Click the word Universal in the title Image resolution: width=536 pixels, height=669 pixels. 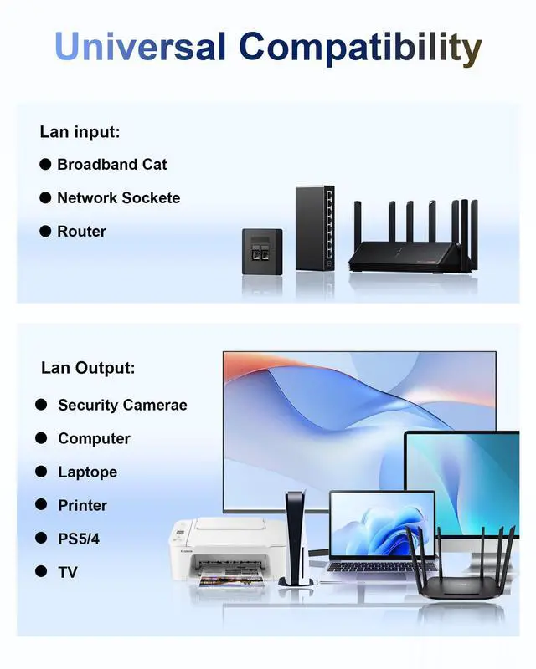[x=141, y=47]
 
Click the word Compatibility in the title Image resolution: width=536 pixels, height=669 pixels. [x=360, y=49]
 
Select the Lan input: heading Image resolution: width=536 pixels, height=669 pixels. [x=80, y=131]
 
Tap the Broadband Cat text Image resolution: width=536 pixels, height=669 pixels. [x=111, y=165]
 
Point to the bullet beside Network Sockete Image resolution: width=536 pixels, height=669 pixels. [x=45, y=198]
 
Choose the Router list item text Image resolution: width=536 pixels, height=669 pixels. [x=81, y=232]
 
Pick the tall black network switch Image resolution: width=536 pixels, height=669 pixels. [x=315, y=227]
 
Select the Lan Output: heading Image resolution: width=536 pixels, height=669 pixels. [x=88, y=368]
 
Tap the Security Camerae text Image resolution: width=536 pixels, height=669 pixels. [x=122, y=406]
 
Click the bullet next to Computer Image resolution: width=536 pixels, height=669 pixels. [x=41, y=438]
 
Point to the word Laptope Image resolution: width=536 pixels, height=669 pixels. [x=87, y=472]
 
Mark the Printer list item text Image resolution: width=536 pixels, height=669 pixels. [x=82, y=506]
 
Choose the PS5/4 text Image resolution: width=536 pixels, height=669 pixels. [x=79, y=539]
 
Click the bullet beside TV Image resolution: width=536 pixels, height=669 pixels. [x=41, y=572]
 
